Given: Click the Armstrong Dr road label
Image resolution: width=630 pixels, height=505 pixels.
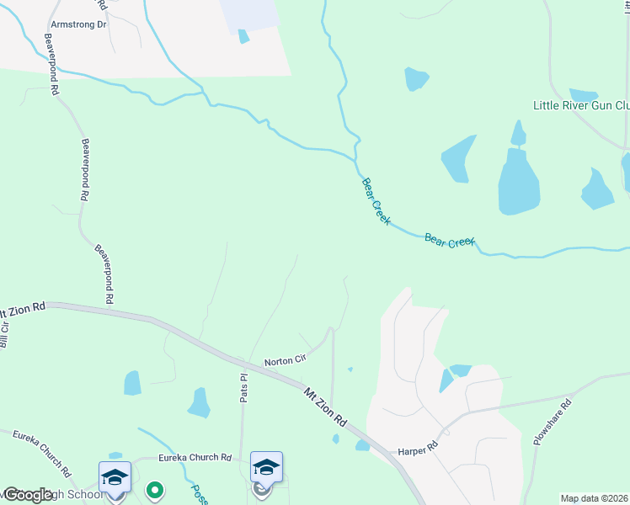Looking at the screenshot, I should click(79, 24).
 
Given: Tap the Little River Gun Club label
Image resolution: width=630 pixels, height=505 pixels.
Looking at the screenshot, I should click(581, 105).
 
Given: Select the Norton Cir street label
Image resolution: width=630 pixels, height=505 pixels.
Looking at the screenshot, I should click(284, 360).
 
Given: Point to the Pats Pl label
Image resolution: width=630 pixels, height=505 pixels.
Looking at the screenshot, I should click(243, 387).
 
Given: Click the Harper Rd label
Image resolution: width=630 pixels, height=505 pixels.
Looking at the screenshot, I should click(419, 445).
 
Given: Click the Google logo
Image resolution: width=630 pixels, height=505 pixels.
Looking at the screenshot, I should click(28, 495).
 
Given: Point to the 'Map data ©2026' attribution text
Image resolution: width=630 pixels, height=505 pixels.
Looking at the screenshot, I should click(595, 498).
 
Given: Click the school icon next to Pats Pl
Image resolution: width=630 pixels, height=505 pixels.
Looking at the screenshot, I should click(266, 467).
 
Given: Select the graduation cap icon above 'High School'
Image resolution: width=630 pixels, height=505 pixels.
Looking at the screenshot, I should click(115, 477).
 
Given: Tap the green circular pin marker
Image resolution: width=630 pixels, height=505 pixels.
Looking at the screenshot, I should click(154, 489).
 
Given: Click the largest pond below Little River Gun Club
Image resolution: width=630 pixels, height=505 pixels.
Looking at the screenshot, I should click(518, 181).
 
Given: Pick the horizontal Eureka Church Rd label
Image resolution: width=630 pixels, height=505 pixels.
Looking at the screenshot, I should click(195, 458).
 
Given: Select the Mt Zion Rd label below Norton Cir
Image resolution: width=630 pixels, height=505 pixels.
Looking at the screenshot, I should click(325, 406).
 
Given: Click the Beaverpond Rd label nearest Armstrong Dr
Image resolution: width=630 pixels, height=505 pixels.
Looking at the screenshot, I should click(54, 76).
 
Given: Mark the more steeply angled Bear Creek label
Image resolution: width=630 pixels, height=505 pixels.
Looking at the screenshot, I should click(376, 199).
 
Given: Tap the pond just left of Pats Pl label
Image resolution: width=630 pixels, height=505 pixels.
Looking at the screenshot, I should click(199, 402).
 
